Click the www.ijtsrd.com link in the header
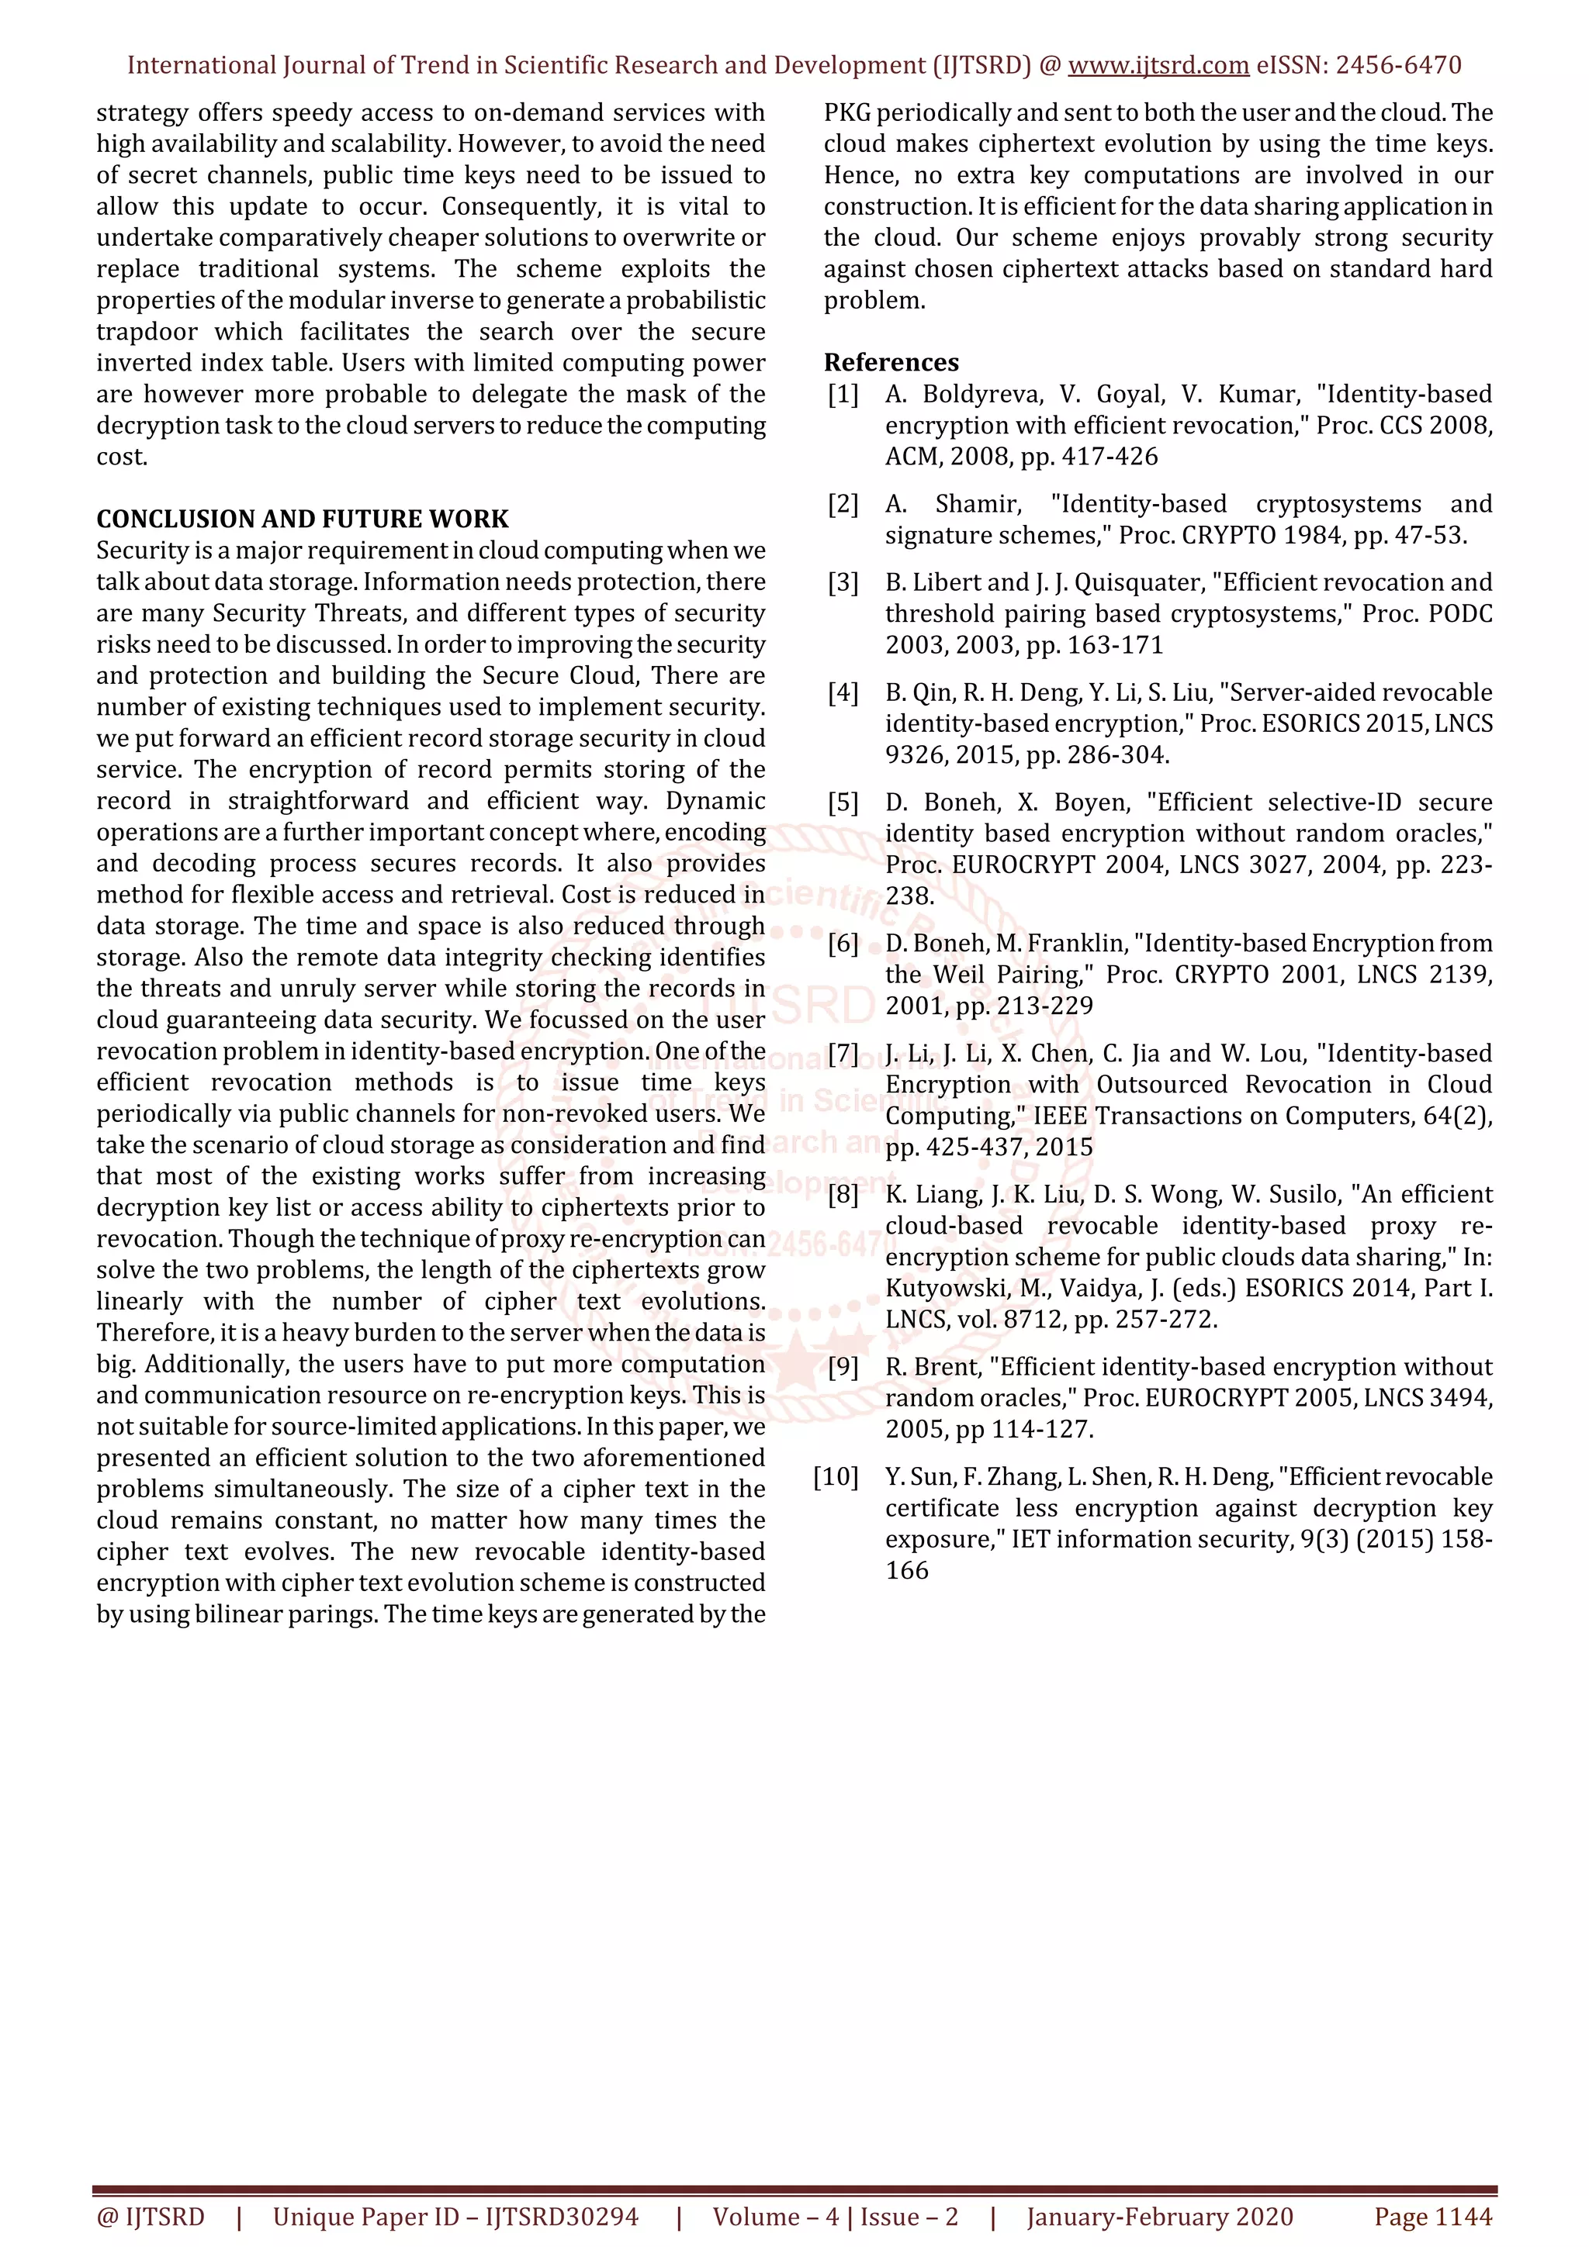[1158, 66]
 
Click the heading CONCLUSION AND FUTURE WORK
[303, 519]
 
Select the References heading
[891, 362]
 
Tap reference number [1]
[843, 395]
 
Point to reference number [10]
[836, 1477]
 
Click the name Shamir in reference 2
[977, 504]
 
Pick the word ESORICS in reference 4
[1308, 724]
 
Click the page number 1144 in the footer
[1462, 2217]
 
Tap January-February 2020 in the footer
[1159, 2217]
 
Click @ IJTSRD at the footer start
[151, 2217]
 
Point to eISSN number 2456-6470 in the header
[1398, 66]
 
